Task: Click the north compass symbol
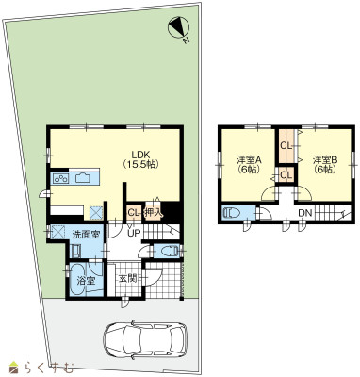coord(179,28)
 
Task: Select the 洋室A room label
coord(249,160)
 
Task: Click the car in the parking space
coord(145,339)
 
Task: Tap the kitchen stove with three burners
coord(61,178)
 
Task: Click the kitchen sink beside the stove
coord(83,178)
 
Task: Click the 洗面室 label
coord(86,234)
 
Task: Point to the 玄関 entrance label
coord(127,278)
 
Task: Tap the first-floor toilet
coord(169,252)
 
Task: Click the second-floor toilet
coord(231,213)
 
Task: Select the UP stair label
coord(133,233)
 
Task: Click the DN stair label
coord(304,213)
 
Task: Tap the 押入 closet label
coord(153,213)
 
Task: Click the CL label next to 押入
coord(134,213)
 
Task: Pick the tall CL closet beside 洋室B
coord(286,146)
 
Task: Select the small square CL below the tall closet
coord(286,175)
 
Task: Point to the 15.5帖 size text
coord(141,164)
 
